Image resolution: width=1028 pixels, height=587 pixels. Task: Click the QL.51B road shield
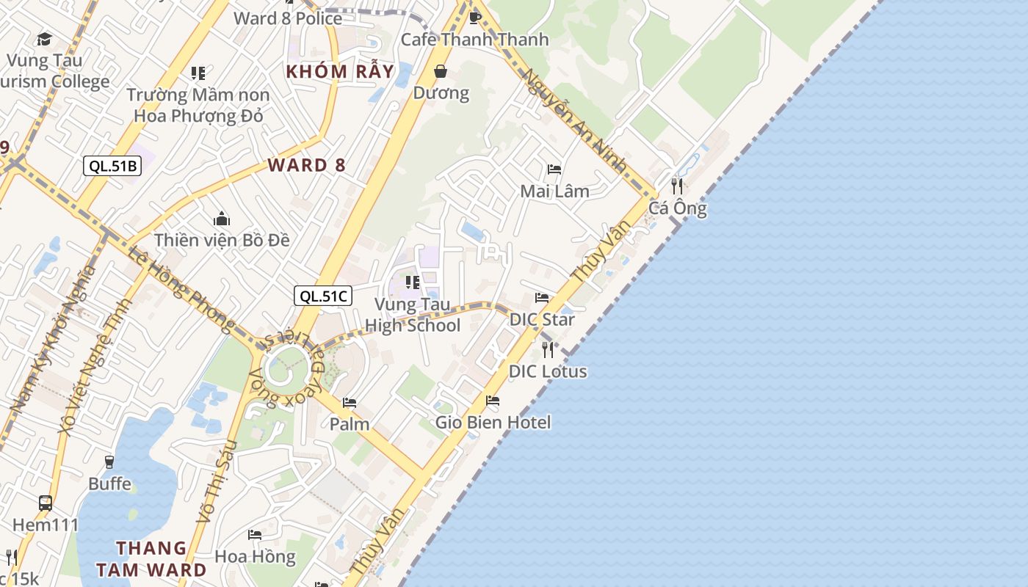point(112,166)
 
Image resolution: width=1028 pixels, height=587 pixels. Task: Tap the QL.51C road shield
point(323,296)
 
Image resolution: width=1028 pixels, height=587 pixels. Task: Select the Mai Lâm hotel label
point(554,191)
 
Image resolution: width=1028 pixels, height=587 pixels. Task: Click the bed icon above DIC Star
point(542,298)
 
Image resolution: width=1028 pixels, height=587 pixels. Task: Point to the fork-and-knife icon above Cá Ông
point(677,186)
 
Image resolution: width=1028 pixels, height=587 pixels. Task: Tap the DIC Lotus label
point(548,371)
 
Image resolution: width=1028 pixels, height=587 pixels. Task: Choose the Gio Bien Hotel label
point(493,422)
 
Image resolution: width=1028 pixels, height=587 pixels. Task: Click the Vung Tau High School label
point(413,315)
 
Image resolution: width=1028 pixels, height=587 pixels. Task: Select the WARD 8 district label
point(306,165)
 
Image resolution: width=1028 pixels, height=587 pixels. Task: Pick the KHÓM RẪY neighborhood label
point(340,72)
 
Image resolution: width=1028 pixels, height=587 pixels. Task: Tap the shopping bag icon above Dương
point(441,71)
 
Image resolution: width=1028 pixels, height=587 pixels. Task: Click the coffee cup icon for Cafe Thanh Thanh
point(474,17)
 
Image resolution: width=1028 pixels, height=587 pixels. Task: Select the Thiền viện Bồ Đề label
point(222,240)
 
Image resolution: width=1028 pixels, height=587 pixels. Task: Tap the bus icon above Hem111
point(46,503)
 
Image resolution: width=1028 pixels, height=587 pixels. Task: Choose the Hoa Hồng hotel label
point(255,556)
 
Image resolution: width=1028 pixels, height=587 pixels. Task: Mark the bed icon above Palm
point(350,403)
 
